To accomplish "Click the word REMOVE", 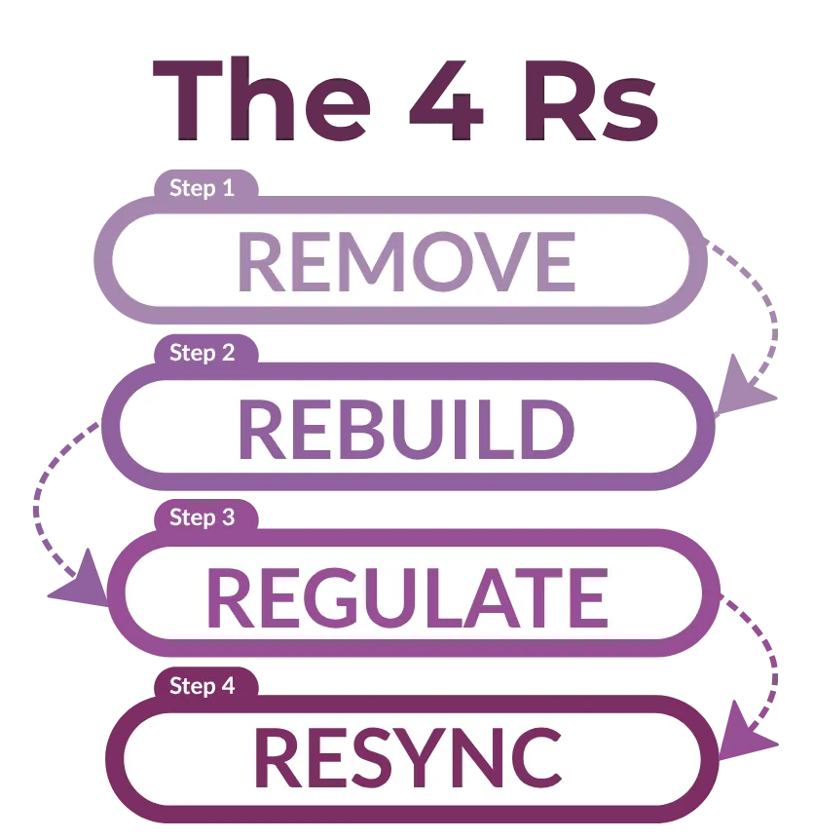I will coord(406,262).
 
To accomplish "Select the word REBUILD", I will coord(406,429).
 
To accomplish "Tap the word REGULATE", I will coord(406,597).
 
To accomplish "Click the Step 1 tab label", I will coord(202,188).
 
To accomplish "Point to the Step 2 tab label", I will coord(202,353).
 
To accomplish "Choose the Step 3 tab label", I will coord(202,517).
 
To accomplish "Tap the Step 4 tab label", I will coord(202,686).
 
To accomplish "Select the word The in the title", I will coord(262,99).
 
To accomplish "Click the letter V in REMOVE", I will coord(493,262).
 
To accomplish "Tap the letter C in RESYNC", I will coord(531,759).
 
